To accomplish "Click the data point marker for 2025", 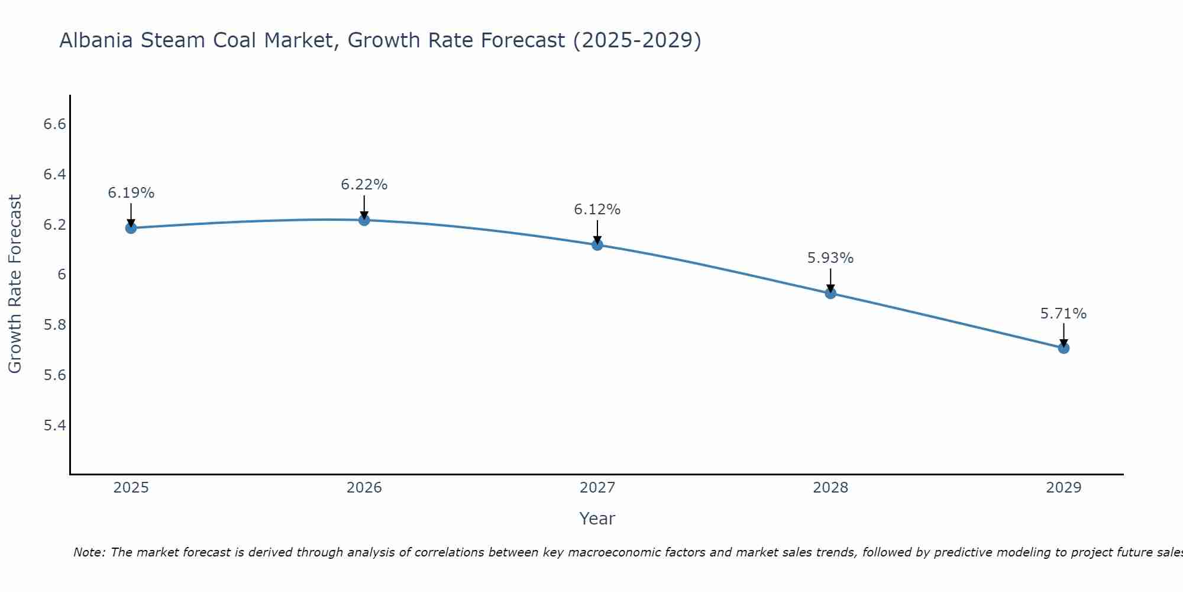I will click(131, 228).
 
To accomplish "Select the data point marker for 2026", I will click(364, 220).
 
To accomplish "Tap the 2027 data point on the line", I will click(597, 244).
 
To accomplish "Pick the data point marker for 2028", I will click(830, 293).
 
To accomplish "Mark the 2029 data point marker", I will click(1064, 348).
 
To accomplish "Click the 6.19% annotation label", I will click(131, 193).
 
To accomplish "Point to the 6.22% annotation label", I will click(364, 185).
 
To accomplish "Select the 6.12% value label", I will click(597, 210).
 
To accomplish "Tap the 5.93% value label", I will click(830, 258).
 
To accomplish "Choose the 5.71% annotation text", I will click(1064, 314).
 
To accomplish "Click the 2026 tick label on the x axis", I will click(364, 488).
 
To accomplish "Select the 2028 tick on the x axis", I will click(830, 488).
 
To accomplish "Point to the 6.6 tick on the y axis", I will click(54, 124).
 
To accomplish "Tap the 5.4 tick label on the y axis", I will click(54, 426).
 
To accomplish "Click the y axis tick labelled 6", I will click(62, 275).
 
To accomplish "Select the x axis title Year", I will click(597, 519).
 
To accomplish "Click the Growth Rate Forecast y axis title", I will click(15, 284).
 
